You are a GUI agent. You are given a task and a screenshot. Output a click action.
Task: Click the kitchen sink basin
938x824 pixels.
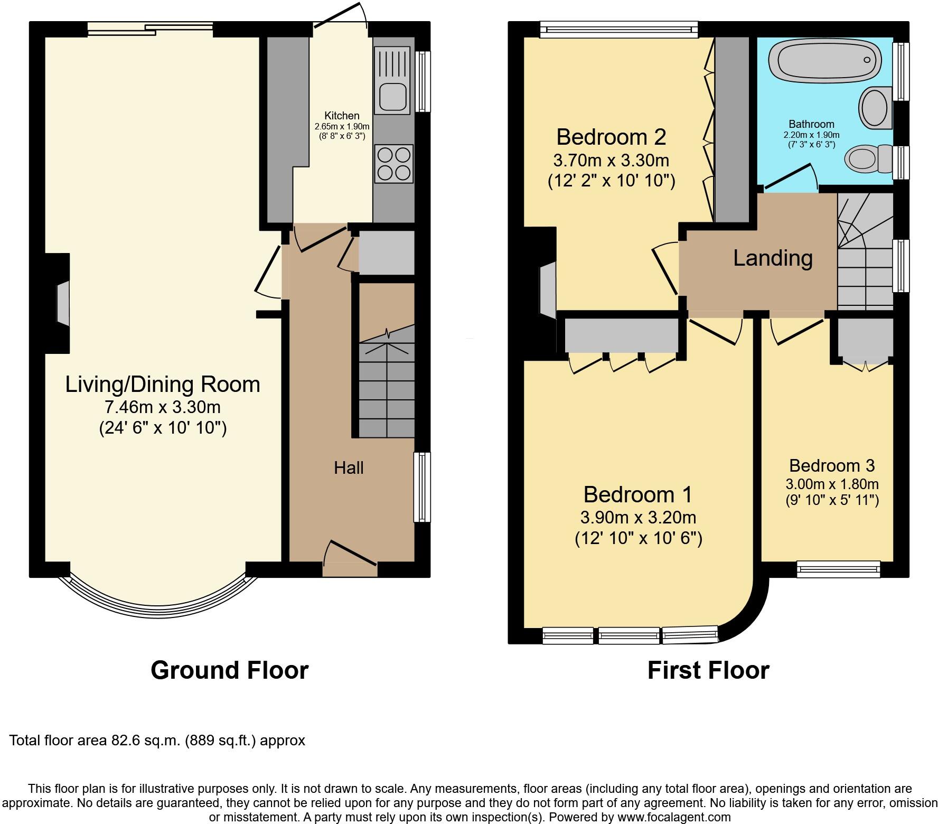pyautogui.click(x=392, y=98)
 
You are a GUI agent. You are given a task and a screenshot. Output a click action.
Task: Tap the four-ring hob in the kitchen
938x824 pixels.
pyautogui.click(x=394, y=164)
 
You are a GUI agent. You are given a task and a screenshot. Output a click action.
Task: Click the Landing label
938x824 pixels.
pyautogui.click(x=773, y=258)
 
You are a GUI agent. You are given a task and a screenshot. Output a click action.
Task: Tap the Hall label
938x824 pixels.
pyautogui.click(x=349, y=468)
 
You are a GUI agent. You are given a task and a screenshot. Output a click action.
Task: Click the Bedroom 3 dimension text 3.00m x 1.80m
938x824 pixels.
pyautogui.click(x=832, y=484)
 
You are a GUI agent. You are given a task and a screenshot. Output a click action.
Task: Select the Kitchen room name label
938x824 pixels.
pyautogui.click(x=342, y=116)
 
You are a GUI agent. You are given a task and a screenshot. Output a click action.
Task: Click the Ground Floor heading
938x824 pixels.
pyautogui.click(x=229, y=670)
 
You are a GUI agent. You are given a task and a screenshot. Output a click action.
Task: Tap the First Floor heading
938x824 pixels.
pyautogui.click(x=708, y=670)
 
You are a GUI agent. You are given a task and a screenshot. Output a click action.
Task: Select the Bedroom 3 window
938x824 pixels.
pyautogui.click(x=839, y=569)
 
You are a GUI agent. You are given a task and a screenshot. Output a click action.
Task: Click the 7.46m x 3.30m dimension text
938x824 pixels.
pyautogui.click(x=163, y=407)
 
